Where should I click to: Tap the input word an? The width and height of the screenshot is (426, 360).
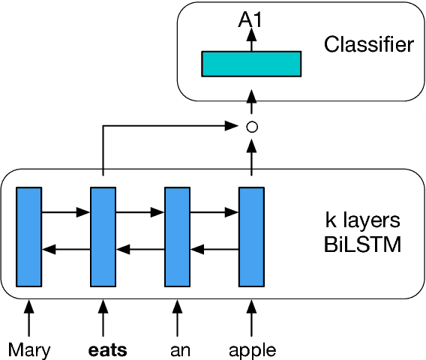pos(177,349)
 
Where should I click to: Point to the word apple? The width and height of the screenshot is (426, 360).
pos(252,349)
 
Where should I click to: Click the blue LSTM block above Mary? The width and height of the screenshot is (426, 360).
pos(29,236)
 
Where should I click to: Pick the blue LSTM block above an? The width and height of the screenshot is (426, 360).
pos(177,236)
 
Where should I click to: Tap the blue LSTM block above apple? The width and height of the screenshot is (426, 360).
pos(250,236)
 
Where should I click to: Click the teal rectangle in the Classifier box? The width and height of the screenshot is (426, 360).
pos(251,64)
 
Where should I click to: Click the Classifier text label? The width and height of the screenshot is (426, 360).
pos(368,45)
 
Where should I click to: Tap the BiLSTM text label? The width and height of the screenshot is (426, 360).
pos(356,244)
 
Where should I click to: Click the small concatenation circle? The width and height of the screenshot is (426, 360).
pos(252,127)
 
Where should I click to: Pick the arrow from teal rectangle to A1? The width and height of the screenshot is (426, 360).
pos(251,42)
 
